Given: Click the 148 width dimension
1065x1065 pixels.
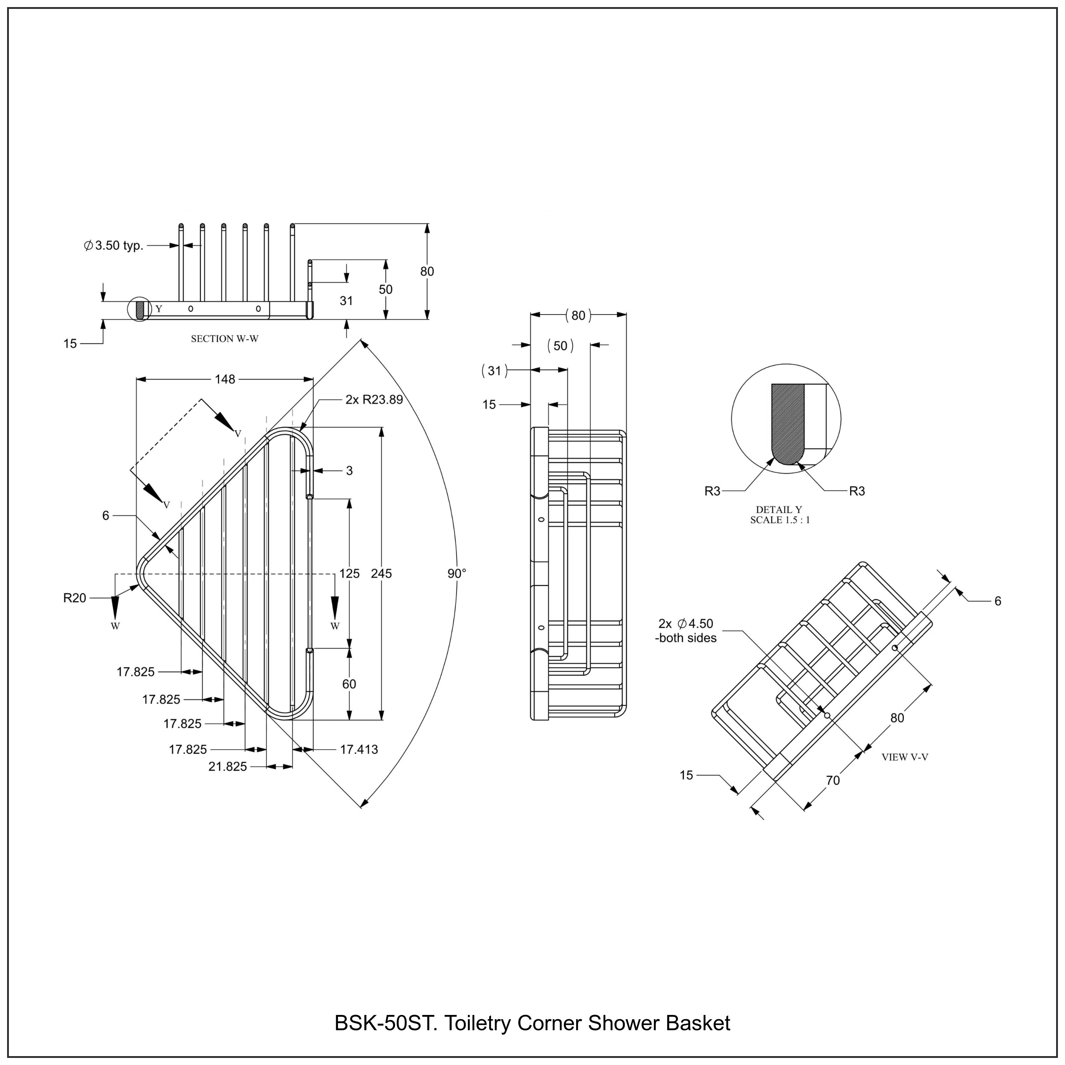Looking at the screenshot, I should [x=225, y=379].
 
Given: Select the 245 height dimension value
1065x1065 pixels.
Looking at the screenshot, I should [x=381, y=573].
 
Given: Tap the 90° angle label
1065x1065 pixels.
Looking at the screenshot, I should [x=457, y=573].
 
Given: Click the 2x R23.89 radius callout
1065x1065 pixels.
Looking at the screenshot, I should [x=374, y=400].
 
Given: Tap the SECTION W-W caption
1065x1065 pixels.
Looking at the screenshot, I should [x=224, y=339].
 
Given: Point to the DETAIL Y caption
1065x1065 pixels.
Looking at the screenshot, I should [x=779, y=510].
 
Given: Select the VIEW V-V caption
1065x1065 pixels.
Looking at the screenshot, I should [x=905, y=758].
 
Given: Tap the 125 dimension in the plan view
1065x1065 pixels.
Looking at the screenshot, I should [x=349, y=573].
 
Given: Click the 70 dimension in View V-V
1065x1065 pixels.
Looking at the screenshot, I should [x=833, y=781].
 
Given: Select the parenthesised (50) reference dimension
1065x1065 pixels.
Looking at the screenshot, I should [x=560, y=346].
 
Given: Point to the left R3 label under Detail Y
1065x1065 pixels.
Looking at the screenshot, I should [x=712, y=491].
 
